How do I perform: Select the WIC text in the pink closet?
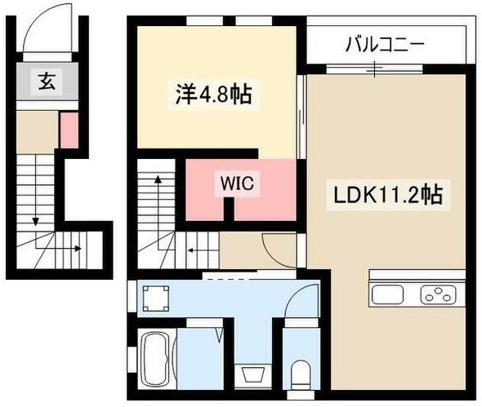[237, 184]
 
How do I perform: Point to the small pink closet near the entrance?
[69, 129]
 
